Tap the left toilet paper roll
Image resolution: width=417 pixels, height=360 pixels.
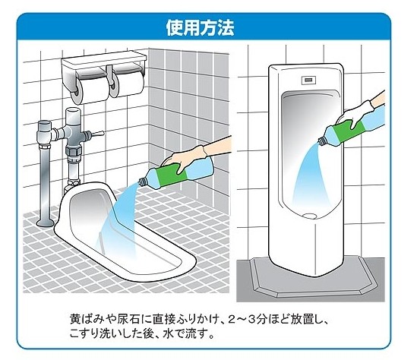82,85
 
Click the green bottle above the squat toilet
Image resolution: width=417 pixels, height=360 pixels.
175,175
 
